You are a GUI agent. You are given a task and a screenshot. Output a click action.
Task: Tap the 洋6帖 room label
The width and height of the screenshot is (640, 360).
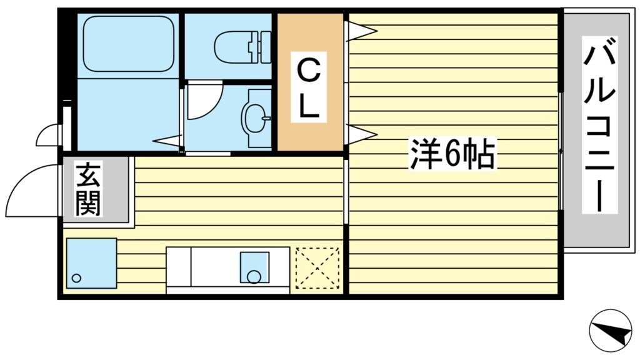(452, 154)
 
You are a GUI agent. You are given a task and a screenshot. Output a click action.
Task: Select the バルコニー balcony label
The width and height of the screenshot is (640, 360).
(600, 124)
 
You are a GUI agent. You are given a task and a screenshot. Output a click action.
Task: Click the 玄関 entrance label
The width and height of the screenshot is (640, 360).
(89, 189)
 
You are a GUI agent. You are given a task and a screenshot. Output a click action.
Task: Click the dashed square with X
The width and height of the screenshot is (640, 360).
(317, 269)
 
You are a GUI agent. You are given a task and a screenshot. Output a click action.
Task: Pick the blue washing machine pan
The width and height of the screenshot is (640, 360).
(91, 263)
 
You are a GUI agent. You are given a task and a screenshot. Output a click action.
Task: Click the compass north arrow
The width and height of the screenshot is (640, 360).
(611, 331)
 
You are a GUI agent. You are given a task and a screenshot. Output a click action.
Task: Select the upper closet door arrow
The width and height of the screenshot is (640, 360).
(361, 30)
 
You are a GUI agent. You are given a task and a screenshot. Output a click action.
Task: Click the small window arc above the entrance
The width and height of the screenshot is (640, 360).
(49, 134)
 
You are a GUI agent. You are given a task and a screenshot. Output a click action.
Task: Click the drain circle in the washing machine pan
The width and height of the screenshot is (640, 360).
(76, 277)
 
